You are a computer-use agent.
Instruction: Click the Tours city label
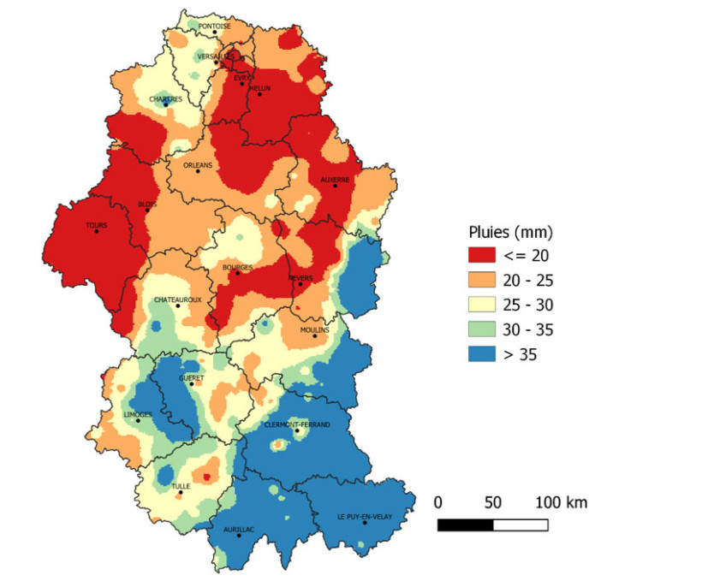96,225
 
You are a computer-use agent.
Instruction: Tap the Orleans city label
198,165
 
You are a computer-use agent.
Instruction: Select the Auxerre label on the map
335,180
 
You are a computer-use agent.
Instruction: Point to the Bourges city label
237,267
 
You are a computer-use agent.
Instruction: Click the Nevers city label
300,278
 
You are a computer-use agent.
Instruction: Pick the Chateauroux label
177,299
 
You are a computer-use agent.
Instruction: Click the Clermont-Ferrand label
297,424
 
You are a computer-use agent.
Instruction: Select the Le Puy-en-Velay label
365,516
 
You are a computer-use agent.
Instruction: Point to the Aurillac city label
239,530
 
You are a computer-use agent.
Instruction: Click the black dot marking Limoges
138,420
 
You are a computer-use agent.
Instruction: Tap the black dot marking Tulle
181,492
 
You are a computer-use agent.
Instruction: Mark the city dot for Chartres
166,104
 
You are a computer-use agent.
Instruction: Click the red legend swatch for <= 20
485,255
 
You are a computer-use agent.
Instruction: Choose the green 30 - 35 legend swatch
485,329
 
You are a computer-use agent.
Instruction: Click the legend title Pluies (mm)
510,231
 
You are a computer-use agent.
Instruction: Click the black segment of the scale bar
465,525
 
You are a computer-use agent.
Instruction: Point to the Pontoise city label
214,26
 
